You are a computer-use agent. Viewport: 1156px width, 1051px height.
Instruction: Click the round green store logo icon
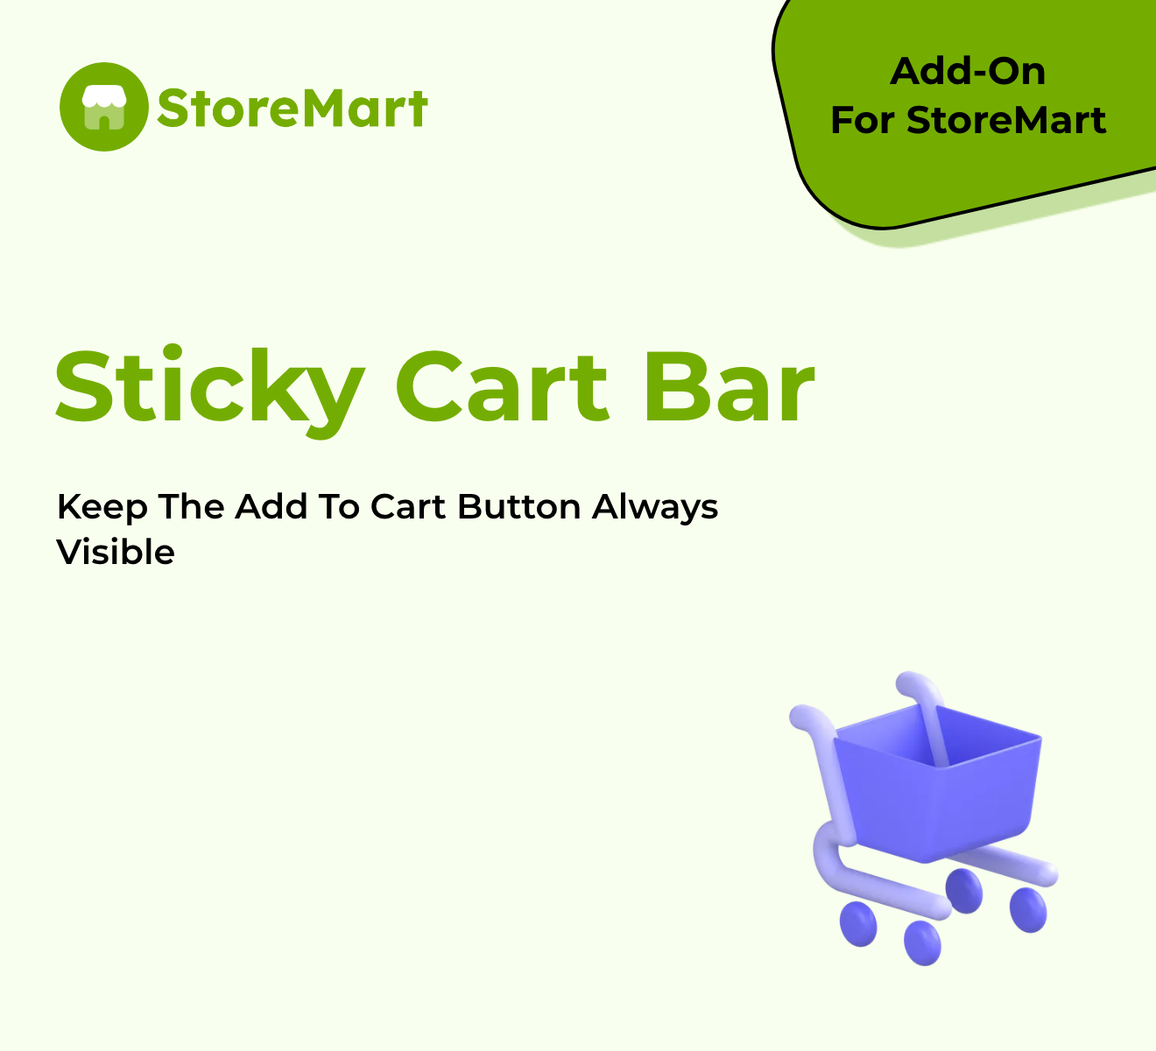[103, 107]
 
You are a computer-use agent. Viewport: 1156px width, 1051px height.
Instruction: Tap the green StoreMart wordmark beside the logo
[293, 108]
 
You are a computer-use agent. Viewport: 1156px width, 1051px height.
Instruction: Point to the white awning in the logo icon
[103, 97]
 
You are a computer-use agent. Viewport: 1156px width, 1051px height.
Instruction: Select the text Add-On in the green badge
[968, 72]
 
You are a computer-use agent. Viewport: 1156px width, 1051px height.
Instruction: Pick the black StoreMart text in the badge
[1006, 120]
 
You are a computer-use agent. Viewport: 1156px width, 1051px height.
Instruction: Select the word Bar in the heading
[730, 386]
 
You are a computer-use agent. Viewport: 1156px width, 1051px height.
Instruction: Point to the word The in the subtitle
[191, 507]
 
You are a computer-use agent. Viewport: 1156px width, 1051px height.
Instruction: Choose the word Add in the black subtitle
[271, 507]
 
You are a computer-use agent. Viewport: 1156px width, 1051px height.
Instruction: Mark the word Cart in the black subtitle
[408, 507]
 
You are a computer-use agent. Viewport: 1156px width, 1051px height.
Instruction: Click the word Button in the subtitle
[518, 507]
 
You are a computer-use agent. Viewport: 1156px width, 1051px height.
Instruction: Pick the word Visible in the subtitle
[116, 552]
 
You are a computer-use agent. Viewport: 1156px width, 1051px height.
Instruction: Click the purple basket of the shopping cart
[938, 783]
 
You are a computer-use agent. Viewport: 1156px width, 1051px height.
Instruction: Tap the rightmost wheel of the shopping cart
[1028, 910]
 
